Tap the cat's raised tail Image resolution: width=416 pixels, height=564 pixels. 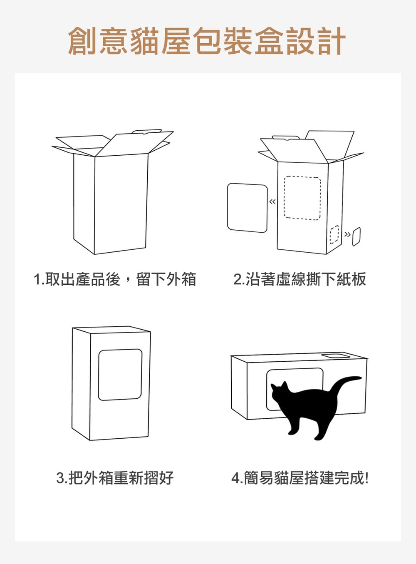tap(346, 384)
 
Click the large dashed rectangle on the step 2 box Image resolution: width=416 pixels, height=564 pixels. tap(302, 198)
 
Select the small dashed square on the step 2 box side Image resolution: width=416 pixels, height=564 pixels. tap(334, 234)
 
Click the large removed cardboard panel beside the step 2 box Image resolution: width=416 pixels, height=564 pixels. tap(247, 208)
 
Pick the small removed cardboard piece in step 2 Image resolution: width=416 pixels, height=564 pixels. tap(356, 237)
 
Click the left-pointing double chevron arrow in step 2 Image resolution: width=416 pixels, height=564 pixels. tap(272, 202)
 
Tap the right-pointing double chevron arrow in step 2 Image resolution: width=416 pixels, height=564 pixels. tap(347, 234)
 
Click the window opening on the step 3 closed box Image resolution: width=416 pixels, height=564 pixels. tap(120, 375)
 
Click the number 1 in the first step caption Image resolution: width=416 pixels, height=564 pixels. tap(37, 279)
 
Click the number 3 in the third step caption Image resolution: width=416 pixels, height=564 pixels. tap(60, 478)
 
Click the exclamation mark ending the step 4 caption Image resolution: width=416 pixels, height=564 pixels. tap(366, 477)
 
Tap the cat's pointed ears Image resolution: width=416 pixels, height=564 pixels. tap(279, 385)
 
